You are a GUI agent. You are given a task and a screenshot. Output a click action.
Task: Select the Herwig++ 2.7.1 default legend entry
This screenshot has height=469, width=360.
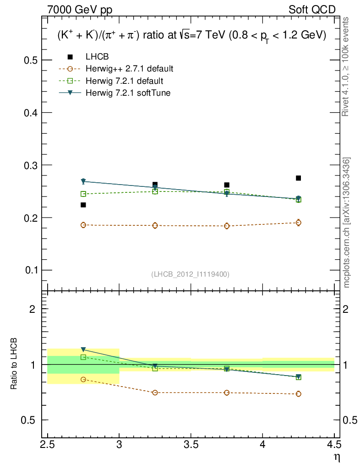(x=129, y=69)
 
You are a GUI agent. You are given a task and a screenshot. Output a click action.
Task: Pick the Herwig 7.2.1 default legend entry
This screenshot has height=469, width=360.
(x=124, y=81)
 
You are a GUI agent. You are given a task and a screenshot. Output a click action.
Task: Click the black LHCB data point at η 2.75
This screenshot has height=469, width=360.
(x=83, y=205)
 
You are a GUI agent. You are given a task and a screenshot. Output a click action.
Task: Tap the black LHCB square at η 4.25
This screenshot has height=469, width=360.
(x=299, y=178)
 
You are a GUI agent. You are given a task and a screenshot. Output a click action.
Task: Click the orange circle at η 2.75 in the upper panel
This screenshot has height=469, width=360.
(x=83, y=225)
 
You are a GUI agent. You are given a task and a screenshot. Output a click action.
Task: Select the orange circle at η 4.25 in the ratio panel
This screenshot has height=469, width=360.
(x=299, y=394)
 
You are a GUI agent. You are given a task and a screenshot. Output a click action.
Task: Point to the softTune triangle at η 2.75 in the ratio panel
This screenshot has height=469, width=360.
(x=83, y=349)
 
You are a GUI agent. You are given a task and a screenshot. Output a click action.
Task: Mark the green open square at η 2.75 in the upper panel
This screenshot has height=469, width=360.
(x=83, y=194)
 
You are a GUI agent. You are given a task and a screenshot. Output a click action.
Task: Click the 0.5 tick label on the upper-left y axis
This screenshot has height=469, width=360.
(x=30, y=60)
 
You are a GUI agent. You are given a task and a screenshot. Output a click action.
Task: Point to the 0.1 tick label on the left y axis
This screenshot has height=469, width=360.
(x=30, y=270)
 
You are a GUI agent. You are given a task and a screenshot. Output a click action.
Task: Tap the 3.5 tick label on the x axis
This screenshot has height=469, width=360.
(x=191, y=444)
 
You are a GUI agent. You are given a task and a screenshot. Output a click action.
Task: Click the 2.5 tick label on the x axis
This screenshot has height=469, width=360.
(x=48, y=444)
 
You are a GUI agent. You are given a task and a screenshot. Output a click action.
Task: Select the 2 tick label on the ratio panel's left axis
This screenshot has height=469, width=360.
(x=33, y=309)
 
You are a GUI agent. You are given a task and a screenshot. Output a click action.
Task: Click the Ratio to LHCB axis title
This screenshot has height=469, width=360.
(x=14, y=365)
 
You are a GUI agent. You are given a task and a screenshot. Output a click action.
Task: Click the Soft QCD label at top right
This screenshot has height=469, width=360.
(x=312, y=10)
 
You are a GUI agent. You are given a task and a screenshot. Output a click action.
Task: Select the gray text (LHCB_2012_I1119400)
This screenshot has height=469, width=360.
(x=190, y=274)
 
